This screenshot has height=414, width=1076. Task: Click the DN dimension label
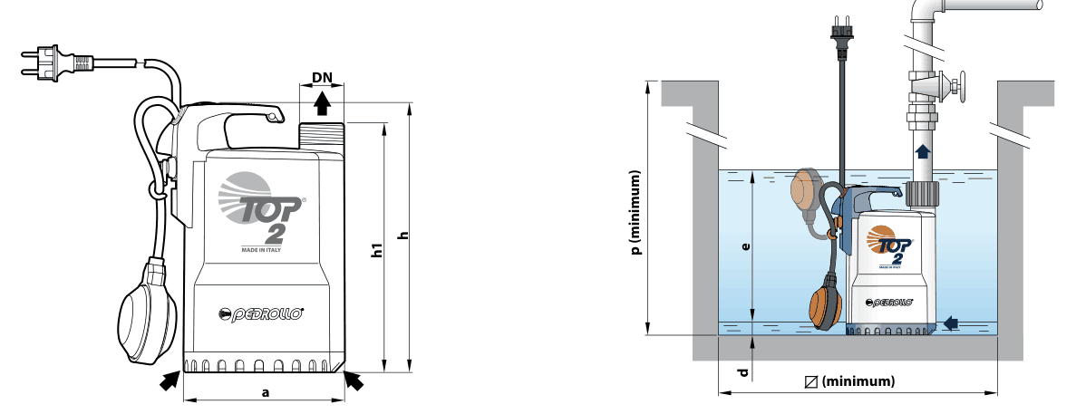[x=322, y=77]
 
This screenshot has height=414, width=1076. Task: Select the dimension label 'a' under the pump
[x=266, y=392]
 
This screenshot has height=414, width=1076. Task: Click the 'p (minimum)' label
[x=637, y=213]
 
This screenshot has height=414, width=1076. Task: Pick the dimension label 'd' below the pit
[x=743, y=373]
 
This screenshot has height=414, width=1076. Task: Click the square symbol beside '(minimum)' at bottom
[x=812, y=381]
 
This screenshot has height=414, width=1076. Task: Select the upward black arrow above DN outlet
[x=321, y=104]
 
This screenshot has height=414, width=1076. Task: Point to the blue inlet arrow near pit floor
[x=951, y=323]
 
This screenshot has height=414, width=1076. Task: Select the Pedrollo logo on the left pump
[x=261, y=314]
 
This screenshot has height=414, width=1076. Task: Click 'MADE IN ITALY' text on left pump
[x=261, y=249]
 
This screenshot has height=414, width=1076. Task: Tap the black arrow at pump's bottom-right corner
[x=354, y=380]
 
